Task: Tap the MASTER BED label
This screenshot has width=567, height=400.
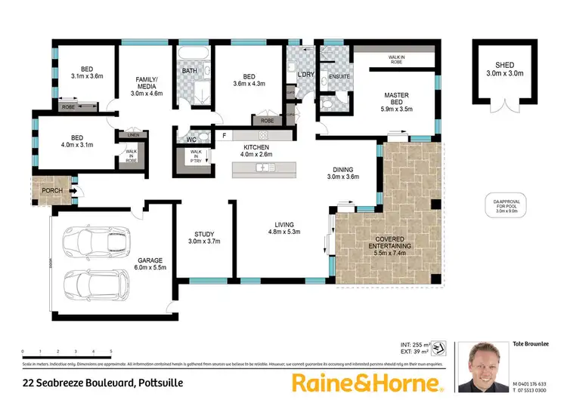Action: coord(396,99)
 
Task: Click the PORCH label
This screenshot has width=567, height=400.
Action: coord(52,190)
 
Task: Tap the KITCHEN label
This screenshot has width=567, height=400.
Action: coord(257,149)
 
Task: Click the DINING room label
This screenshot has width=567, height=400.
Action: coord(342,173)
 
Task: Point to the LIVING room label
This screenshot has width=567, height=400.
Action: coord(284,228)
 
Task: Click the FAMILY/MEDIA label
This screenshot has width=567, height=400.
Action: coord(149,83)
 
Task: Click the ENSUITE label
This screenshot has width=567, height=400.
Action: coord(329,75)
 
